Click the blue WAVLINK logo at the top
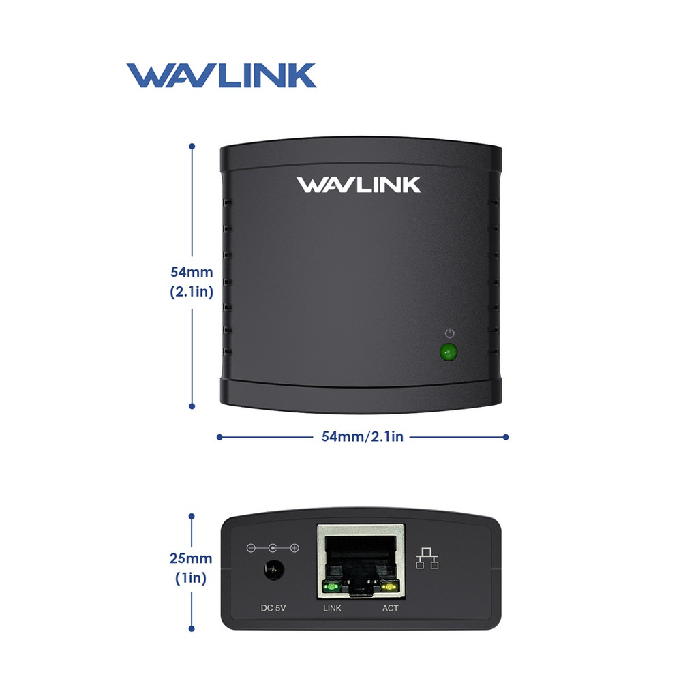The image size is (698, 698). [221, 76]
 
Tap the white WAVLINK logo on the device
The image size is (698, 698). [359, 185]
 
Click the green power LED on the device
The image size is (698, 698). [448, 352]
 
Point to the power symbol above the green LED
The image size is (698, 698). [449, 333]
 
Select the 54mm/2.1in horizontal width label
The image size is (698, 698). [362, 436]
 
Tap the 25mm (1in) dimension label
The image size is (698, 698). [191, 568]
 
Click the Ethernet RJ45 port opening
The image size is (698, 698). [361, 556]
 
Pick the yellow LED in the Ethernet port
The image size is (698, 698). [389, 586]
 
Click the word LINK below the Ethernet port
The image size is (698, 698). [332, 607]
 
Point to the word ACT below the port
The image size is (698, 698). [390, 607]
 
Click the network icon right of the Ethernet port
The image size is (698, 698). [427, 558]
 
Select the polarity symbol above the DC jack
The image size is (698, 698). [273, 548]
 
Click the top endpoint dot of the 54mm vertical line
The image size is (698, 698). [192, 147]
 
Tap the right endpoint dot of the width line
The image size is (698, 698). [506, 436]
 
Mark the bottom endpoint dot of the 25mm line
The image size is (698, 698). [192, 628]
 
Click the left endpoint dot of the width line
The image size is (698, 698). [219, 436]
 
